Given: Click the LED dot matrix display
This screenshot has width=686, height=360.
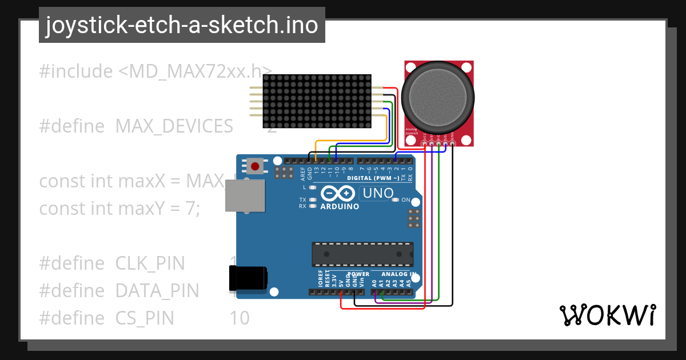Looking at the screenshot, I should [317, 101].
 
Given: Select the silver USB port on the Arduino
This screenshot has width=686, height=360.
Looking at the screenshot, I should [245, 197].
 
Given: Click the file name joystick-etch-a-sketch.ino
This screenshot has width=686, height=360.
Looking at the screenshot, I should [182, 25].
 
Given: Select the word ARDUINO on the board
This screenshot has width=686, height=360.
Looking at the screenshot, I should [340, 206].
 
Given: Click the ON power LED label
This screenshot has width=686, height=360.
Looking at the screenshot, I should [406, 200].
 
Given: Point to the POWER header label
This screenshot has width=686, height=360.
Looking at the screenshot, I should [358, 274].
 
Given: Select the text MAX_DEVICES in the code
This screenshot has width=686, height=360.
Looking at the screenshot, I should [174, 126].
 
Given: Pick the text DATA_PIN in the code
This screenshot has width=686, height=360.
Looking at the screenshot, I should [157, 291].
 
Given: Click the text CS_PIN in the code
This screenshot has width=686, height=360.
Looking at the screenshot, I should [145, 318].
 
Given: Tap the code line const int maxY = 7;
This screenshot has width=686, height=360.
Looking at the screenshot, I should [119, 209].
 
